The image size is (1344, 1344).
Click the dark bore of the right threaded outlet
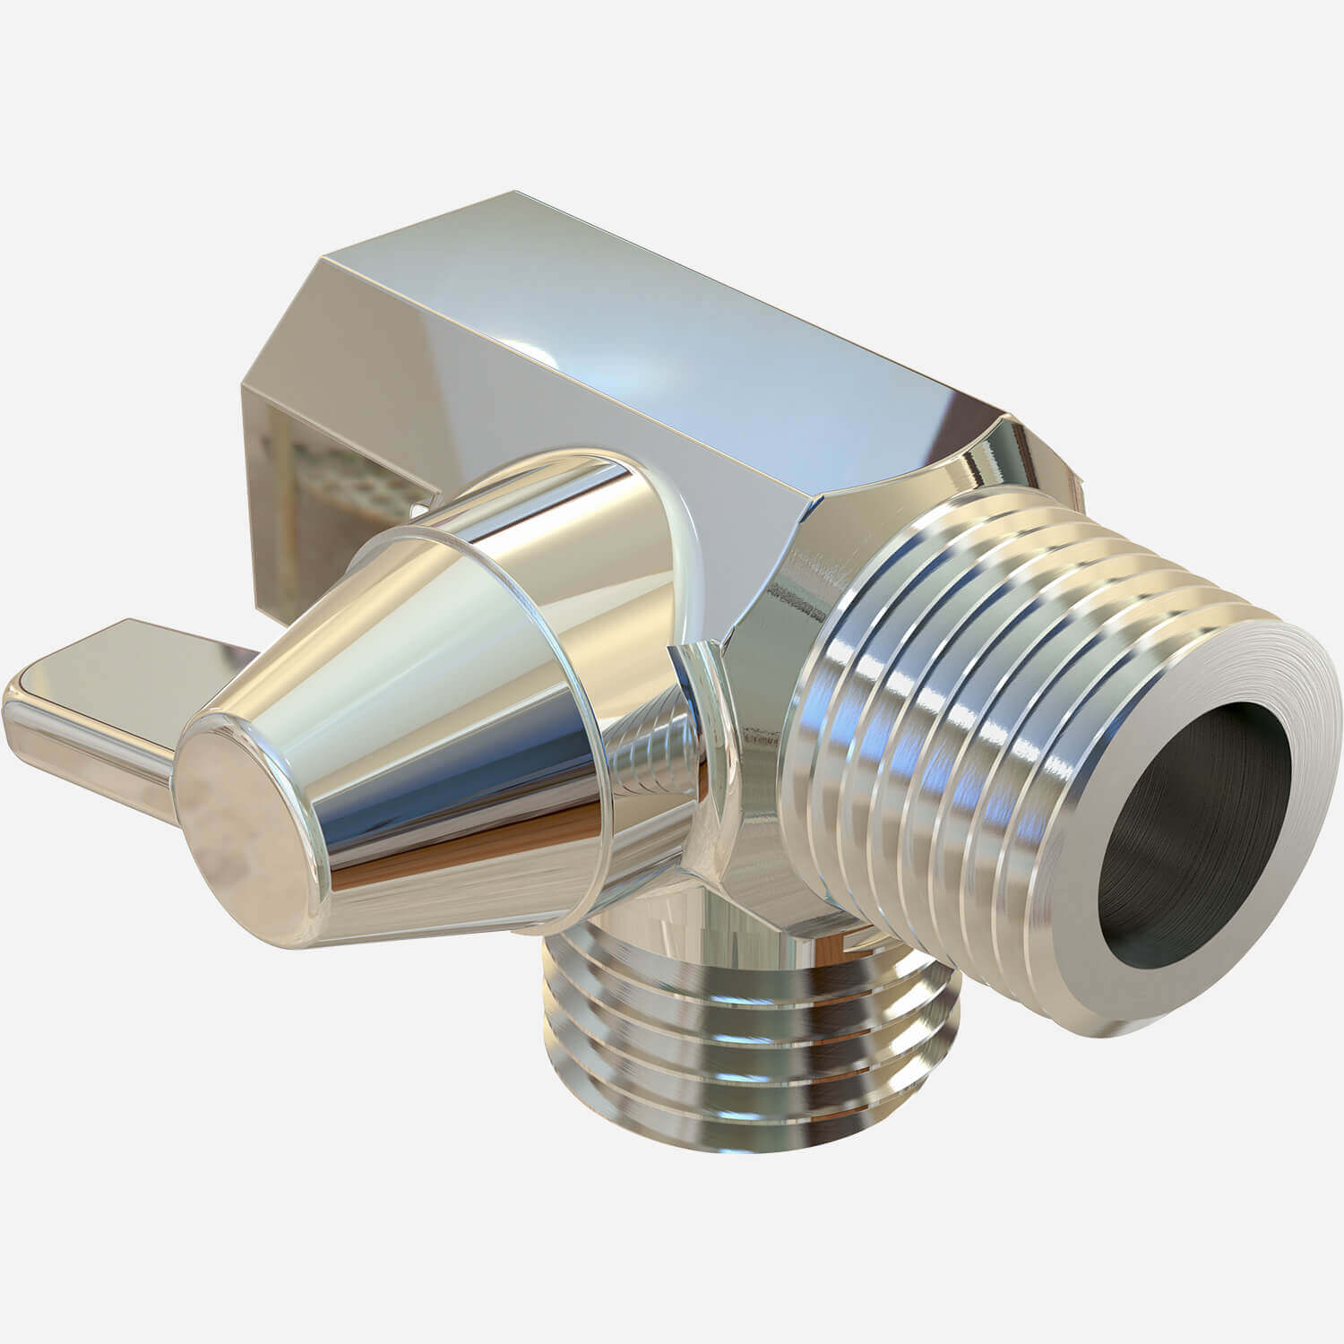pos(1192,852)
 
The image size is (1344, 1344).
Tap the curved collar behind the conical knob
pos(668,511)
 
